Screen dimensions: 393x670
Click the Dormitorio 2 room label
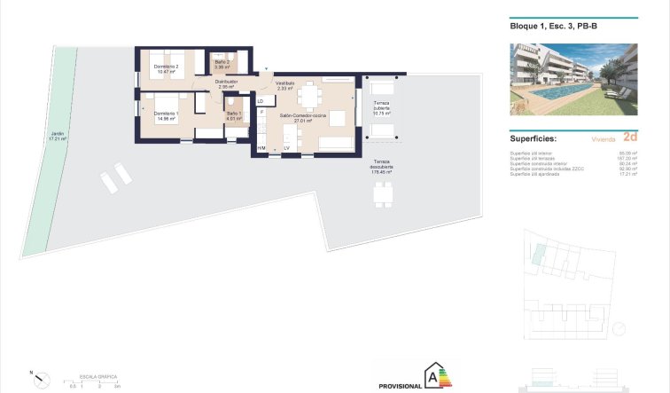point(166,67)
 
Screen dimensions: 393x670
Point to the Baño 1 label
point(233,114)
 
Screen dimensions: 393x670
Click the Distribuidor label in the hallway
point(226,83)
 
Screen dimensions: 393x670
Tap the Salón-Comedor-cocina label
point(303,116)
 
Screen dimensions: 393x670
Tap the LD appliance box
point(261,101)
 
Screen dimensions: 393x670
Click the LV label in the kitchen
point(286,147)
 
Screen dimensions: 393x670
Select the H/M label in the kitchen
point(261,147)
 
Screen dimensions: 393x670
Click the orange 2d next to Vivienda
point(629,138)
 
